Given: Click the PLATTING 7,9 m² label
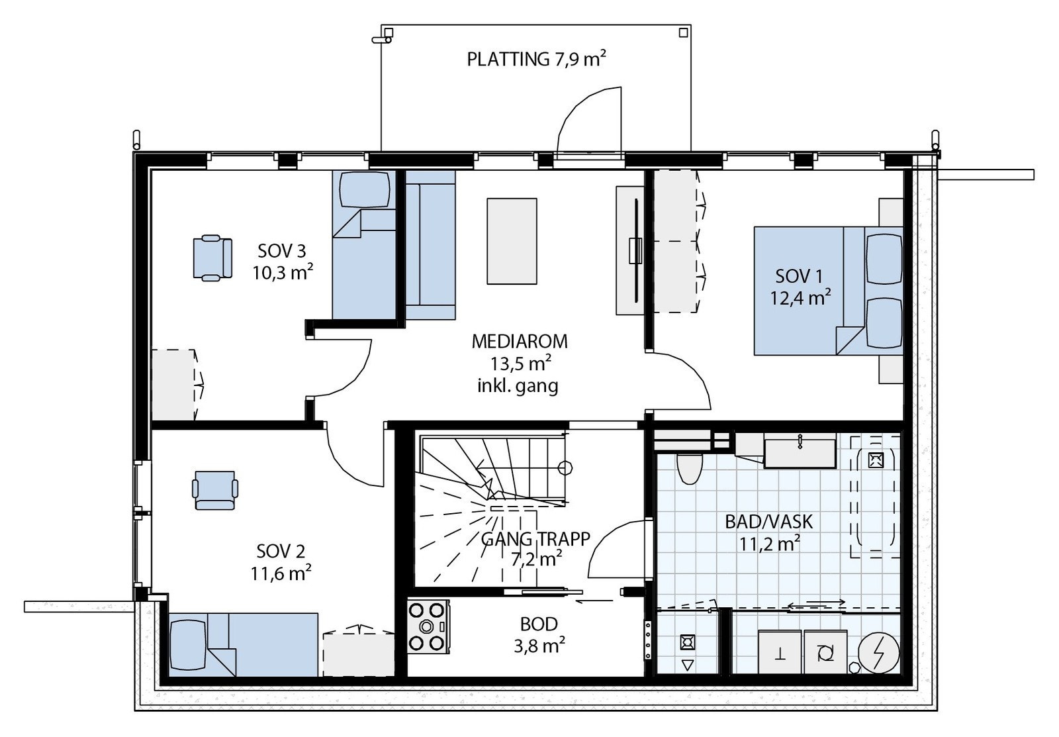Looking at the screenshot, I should (537, 60).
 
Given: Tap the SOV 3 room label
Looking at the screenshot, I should (282, 251).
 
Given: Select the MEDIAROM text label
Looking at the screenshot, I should (519, 342).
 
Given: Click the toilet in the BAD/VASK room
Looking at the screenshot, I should (689, 468).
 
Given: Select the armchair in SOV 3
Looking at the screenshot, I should (212, 258).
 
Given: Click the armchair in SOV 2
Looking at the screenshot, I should (214, 490).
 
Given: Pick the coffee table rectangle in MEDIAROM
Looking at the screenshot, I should (512, 241).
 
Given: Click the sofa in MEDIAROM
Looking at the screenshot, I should (431, 245).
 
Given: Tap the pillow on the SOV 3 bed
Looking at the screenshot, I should (363, 189).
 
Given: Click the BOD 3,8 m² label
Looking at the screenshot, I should (539, 634).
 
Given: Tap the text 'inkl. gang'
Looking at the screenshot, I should (518, 385).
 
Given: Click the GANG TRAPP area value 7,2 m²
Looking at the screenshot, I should (536, 558).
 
